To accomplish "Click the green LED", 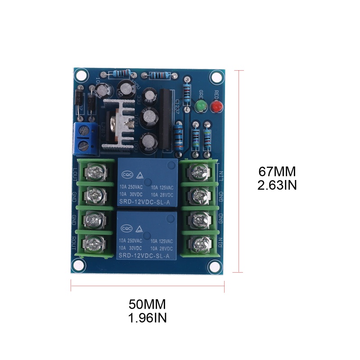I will tap(200, 107).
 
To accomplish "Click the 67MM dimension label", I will tap(277, 172).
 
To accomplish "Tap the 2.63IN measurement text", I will tap(277, 185).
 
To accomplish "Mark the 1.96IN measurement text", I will tap(148, 318).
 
